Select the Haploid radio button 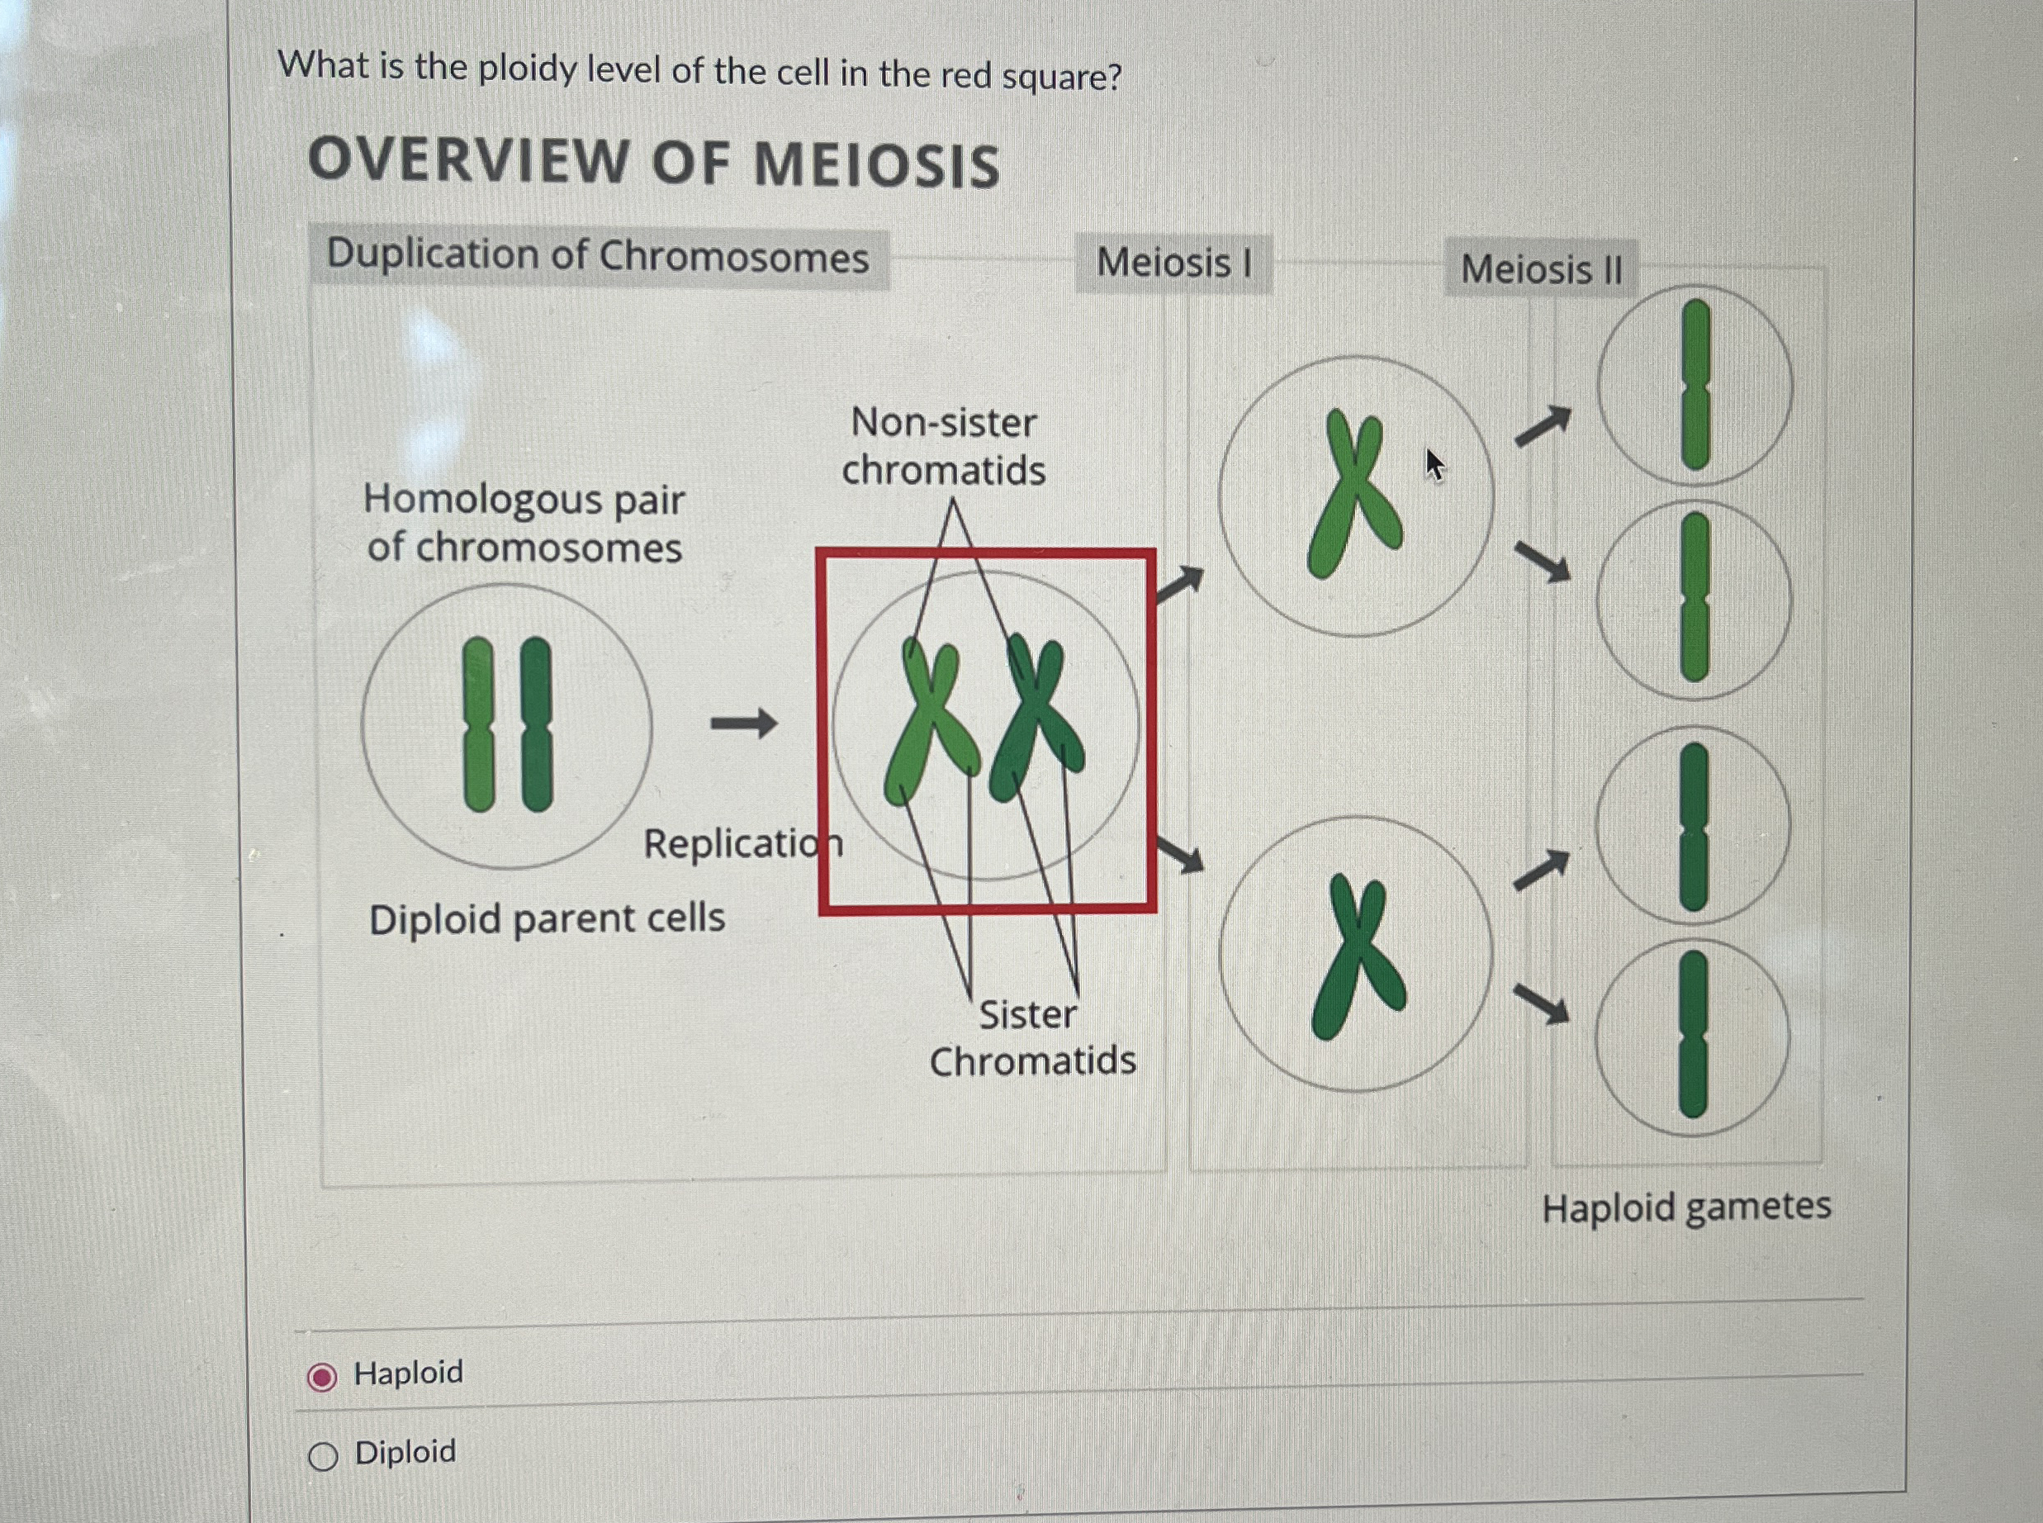pos(321,1378)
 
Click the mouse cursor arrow pos(1433,463)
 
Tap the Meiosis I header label pos(1173,263)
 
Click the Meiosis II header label pos(1541,270)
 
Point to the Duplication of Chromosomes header pos(597,256)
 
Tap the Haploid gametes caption pos(1685,1207)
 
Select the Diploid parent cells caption pos(547,919)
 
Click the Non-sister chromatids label pos(944,446)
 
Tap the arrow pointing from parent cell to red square pos(744,723)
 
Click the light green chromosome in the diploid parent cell pos(478,724)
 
